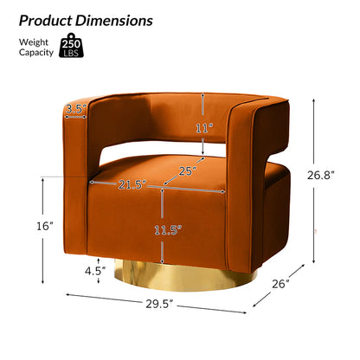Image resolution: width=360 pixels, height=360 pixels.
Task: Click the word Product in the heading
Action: click(x=46, y=21)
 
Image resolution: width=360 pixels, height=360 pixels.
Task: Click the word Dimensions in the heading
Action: click(x=114, y=21)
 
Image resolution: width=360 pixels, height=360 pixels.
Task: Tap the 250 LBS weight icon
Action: click(x=71, y=45)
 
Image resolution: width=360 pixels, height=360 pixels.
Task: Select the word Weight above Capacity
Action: click(x=34, y=42)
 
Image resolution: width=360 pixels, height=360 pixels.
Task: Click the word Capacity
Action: click(x=36, y=53)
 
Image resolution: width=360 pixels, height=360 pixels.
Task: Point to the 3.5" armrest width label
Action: click(x=76, y=109)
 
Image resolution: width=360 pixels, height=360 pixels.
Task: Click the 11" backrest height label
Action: click(x=204, y=128)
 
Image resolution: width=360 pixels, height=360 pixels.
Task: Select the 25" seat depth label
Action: click(x=189, y=171)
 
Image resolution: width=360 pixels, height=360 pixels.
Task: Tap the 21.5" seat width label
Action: click(x=132, y=184)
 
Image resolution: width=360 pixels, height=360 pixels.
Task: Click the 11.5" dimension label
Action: click(x=168, y=230)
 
